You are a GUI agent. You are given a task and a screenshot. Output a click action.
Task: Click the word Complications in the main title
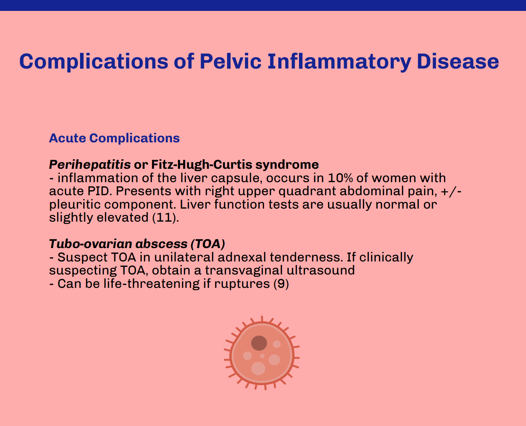93,61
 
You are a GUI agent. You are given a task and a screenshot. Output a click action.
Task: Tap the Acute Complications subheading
114,138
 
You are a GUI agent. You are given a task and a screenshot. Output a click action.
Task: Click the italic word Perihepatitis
90,165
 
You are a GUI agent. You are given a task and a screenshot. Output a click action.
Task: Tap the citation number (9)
281,284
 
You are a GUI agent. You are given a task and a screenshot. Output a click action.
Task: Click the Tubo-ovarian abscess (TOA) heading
137,243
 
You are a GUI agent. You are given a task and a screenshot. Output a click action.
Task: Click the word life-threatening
152,284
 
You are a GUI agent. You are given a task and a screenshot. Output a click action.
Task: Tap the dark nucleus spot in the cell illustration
259,343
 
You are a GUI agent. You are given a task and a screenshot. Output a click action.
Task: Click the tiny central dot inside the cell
262,356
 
